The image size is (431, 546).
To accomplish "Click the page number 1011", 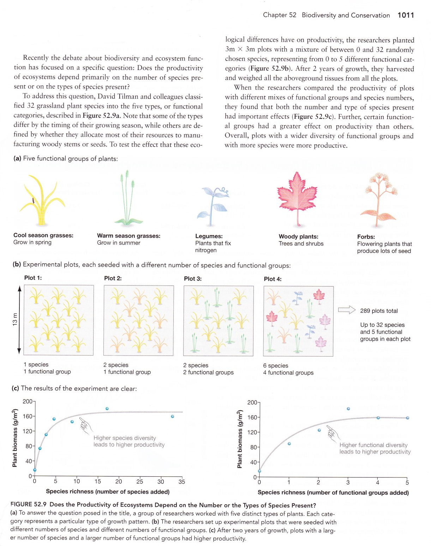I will coord(406,15).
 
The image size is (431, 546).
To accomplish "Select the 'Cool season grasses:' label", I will coord(43,235).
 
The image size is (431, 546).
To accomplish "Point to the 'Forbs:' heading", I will coord(366,237).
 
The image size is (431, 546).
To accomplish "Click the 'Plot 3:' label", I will coord(193,278).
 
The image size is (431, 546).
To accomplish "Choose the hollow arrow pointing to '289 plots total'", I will coord(347,310).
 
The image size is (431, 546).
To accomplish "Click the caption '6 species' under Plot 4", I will coord(276,365).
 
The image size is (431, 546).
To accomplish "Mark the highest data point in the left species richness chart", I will coord(107,409).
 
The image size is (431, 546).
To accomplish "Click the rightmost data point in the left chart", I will coord(172,416).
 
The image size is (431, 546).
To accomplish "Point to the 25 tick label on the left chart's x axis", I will coord(140,481).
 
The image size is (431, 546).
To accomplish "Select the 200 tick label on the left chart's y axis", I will coord(28,401).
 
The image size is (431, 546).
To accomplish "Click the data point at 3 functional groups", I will coord(348,409).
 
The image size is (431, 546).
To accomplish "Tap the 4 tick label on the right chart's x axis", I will coord(377,482).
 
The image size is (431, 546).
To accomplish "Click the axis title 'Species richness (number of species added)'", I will coord(108,492).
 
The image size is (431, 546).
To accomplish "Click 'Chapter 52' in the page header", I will coord(280,15).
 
